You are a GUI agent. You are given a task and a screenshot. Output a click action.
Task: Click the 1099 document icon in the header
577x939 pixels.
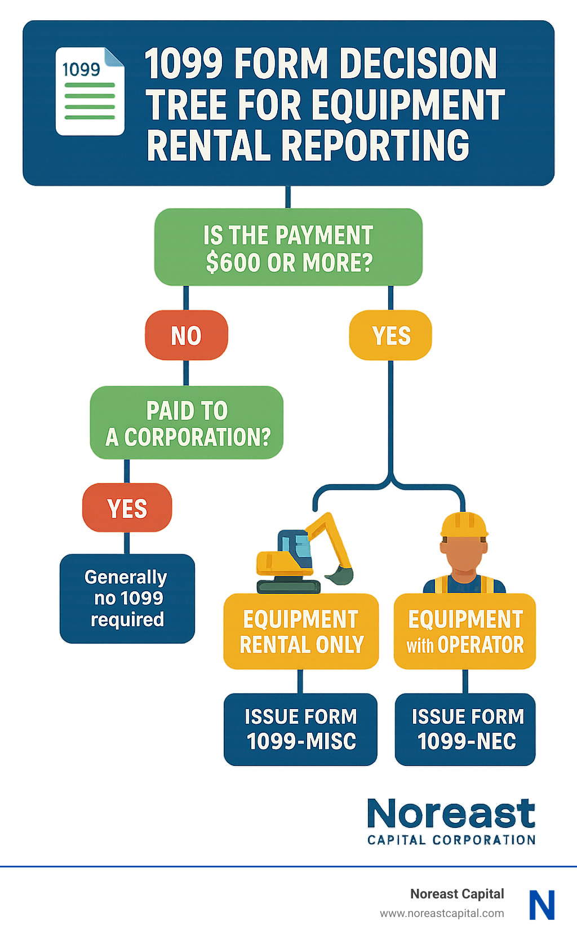[x=90, y=92]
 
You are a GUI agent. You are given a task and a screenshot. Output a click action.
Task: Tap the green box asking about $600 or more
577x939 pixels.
[x=288, y=247]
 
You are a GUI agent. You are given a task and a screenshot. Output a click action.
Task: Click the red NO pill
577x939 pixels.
[x=186, y=335]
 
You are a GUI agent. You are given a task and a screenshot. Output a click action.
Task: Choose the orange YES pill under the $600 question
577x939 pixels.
[x=390, y=335]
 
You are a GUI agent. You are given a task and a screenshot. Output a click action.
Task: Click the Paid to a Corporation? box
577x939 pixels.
[x=187, y=423]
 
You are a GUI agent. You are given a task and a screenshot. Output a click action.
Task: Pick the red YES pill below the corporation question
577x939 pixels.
[x=127, y=508]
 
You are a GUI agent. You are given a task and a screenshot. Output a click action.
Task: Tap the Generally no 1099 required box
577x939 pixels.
[x=127, y=599]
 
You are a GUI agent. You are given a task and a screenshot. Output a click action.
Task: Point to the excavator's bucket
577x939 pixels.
[x=340, y=575]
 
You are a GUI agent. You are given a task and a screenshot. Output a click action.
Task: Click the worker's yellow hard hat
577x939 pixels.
[x=464, y=525]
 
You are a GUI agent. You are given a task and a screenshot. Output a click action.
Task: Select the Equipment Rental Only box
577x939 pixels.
[x=301, y=631]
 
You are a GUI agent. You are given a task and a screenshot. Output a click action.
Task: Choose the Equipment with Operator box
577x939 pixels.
[x=465, y=631]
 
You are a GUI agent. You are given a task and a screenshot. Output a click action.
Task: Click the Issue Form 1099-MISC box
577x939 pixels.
[x=301, y=729]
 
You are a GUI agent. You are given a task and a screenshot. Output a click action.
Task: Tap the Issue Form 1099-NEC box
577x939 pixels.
[x=465, y=729]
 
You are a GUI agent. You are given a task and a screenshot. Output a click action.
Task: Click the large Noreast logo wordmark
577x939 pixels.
[x=451, y=814]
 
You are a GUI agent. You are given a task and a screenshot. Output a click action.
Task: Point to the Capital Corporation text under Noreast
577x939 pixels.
[x=451, y=840]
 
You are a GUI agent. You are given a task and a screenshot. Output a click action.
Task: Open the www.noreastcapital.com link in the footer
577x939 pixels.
[x=442, y=913]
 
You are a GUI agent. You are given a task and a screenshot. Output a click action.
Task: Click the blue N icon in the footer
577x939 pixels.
[x=542, y=905]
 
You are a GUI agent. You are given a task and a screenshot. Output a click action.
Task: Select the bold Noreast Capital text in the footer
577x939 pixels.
[x=457, y=894]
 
